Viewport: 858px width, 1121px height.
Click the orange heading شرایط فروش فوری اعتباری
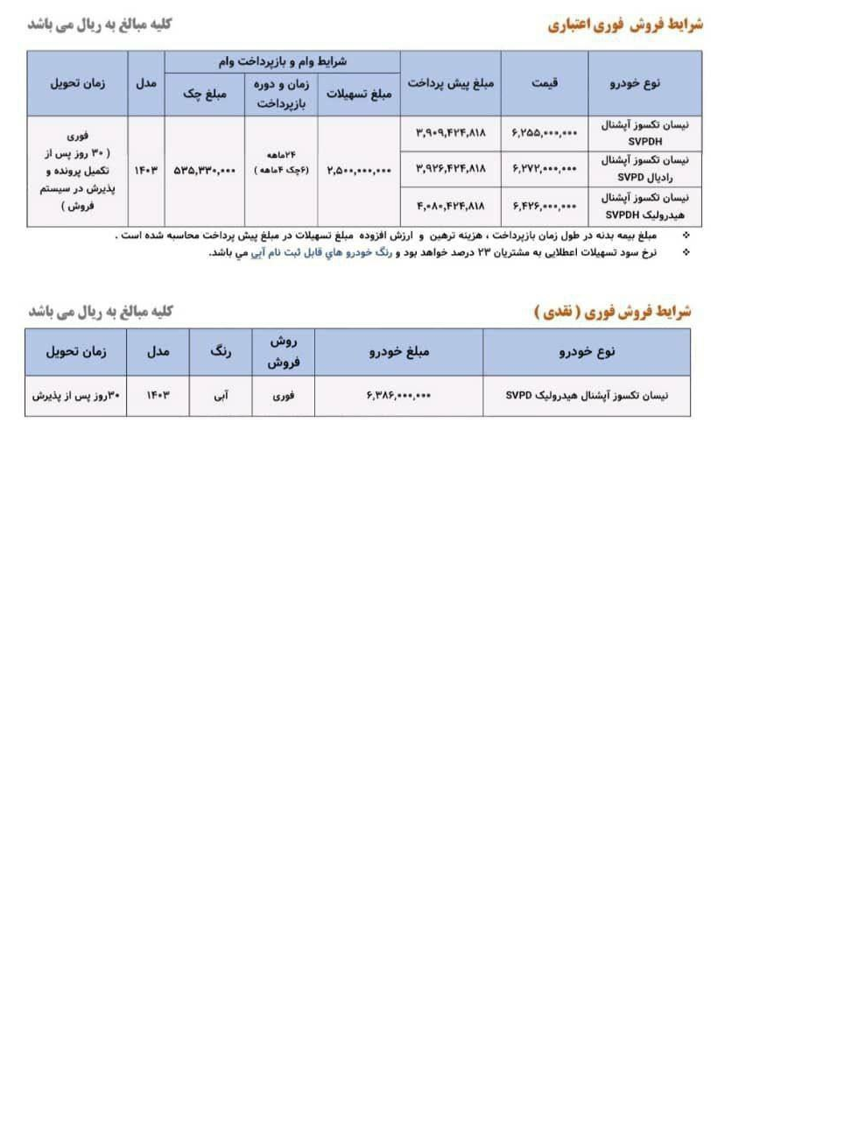625,25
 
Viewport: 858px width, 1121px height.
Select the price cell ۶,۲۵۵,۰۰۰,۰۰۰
545,133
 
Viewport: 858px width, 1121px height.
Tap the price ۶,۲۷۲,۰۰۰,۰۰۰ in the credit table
545,168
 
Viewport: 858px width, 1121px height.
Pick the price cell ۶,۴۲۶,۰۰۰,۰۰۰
545,207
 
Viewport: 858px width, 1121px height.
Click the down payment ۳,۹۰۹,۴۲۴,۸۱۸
451,133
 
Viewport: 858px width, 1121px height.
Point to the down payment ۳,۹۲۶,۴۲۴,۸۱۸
451,168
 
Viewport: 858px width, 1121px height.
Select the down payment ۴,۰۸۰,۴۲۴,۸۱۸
451,207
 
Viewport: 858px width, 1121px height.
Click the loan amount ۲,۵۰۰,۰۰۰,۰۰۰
359,171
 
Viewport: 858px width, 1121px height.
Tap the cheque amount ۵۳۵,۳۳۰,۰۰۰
205,171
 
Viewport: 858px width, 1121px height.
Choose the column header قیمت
545,83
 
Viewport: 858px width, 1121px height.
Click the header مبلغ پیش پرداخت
451,83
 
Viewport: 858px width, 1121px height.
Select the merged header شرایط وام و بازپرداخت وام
283,61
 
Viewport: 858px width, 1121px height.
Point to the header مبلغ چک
205,94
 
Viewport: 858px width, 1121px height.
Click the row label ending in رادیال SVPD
645,169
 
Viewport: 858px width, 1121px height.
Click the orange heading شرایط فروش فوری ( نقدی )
612,312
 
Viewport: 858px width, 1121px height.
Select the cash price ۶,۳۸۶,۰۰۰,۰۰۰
398,396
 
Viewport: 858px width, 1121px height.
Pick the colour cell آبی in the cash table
221,396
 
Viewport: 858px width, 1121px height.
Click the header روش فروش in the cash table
284,351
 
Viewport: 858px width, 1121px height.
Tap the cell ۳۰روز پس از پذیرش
76,396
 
